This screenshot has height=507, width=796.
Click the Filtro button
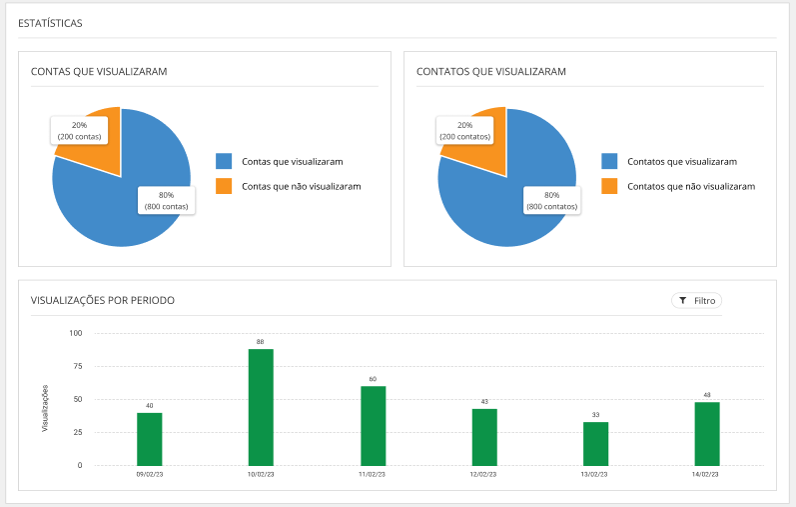(696, 300)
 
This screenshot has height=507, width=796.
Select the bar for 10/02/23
(261, 407)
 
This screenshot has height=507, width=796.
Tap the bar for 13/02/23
(595, 443)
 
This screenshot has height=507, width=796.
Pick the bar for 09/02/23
(150, 439)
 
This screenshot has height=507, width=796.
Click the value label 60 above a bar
(373, 379)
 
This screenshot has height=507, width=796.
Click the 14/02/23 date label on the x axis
(707, 474)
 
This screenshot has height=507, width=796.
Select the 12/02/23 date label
(484, 474)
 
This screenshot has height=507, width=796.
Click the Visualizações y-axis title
(45, 407)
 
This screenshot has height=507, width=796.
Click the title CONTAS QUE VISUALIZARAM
(99, 72)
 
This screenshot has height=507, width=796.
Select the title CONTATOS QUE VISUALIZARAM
(491, 72)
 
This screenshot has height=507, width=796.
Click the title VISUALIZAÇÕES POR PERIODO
(104, 300)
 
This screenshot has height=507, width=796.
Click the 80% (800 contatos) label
(551, 200)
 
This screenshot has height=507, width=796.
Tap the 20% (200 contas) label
(79, 130)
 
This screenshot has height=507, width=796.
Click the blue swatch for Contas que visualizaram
(224, 161)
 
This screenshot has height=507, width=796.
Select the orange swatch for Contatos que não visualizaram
(609, 186)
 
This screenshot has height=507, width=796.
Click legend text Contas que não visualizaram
(301, 186)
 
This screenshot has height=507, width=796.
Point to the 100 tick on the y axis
(75, 333)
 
